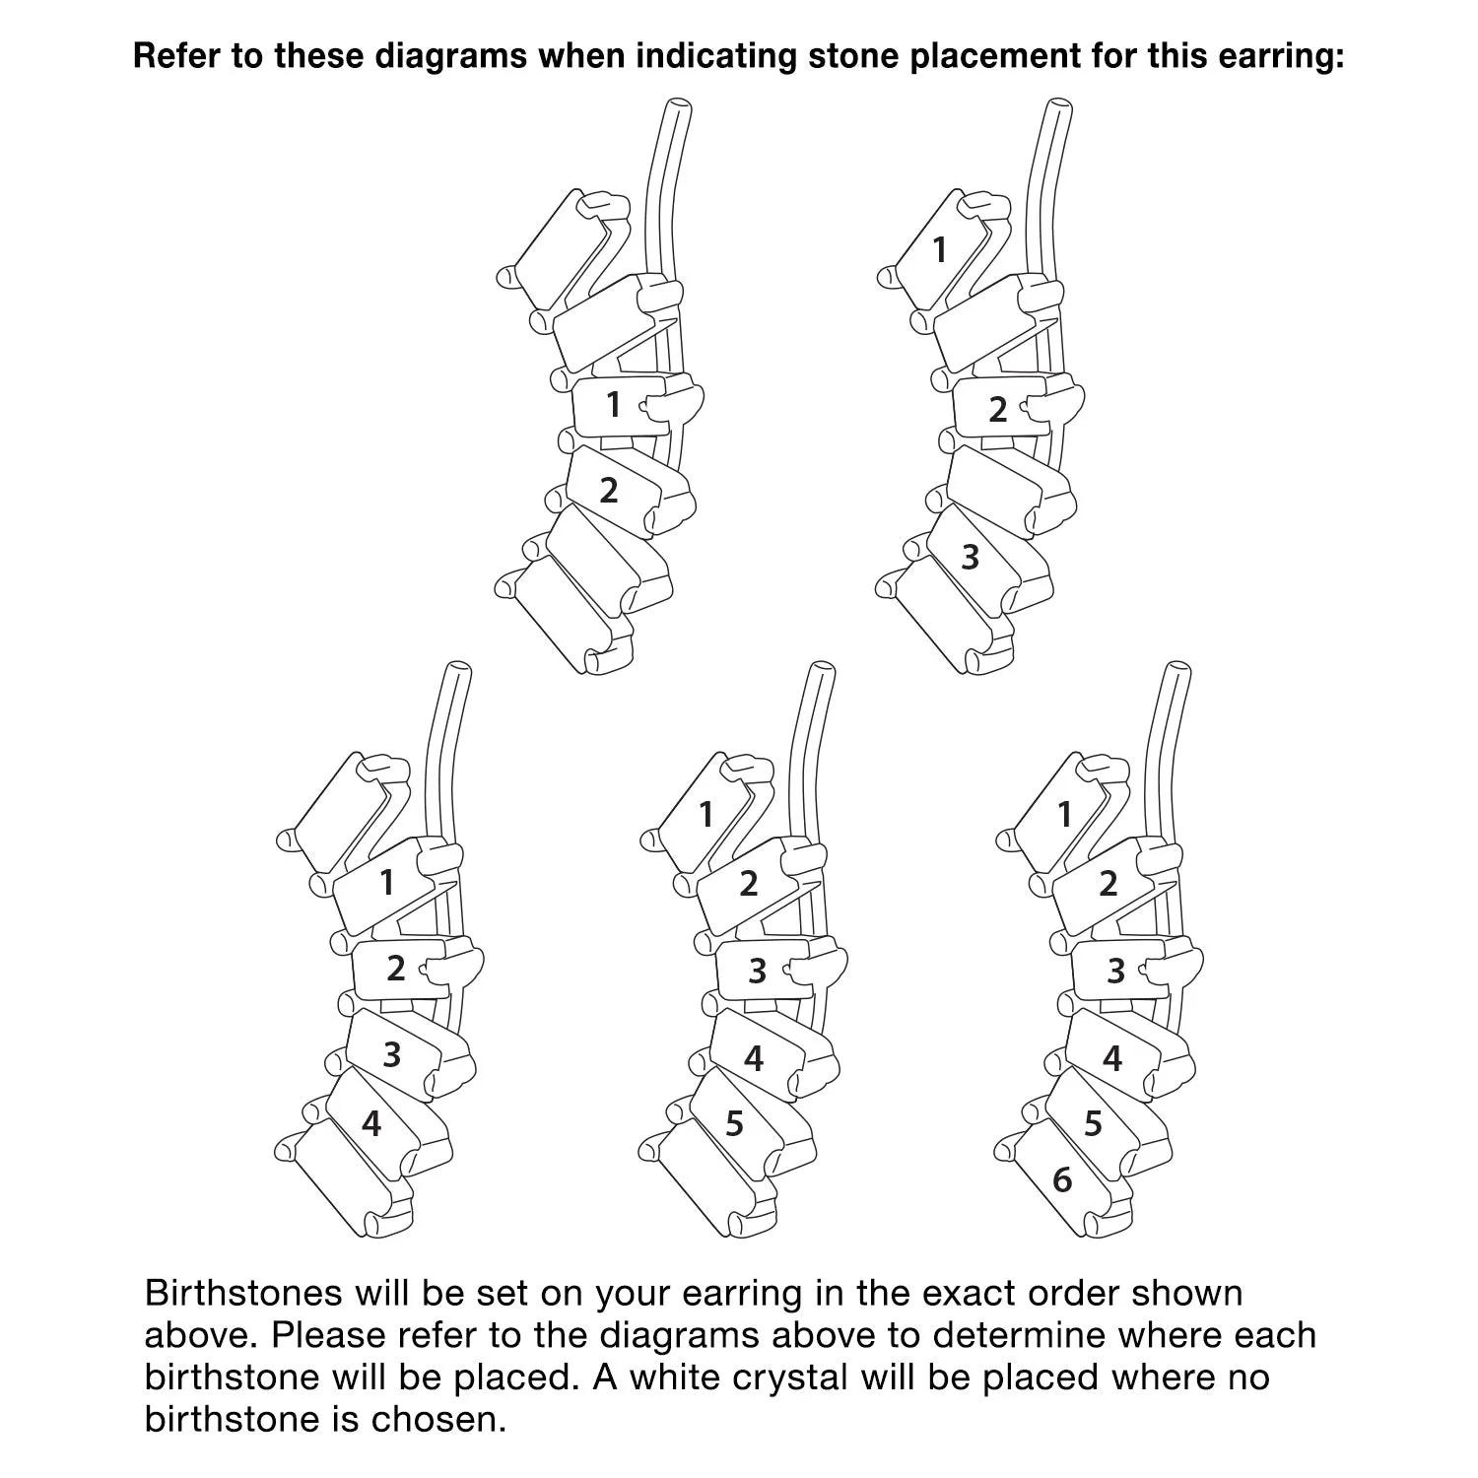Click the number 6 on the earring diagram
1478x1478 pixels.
pyautogui.click(x=1062, y=1178)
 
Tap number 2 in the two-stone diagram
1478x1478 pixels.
pyautogui.click(x=609, y=490)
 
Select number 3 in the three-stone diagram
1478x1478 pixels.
pyautogui.click(x=971, y=557)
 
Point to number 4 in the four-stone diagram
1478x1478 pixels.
pyautogui.click(x=371, y=1123)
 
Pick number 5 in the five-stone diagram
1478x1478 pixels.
pyautogui.click(x=734, y=1123)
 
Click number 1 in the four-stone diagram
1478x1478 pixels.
pyautogui.click(x=387, y=882)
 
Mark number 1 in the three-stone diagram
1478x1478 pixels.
pyautogui.click(x=940, y=250)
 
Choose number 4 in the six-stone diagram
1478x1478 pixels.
pyautogui.click(x=1112, y=1058)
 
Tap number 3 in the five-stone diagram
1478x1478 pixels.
pyautogui.click(x=757, y=972)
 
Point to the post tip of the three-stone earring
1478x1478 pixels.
pyautogui.click(x=1056, y=106)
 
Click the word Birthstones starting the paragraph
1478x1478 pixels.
pyautogui.click(x=243, y=1293)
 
